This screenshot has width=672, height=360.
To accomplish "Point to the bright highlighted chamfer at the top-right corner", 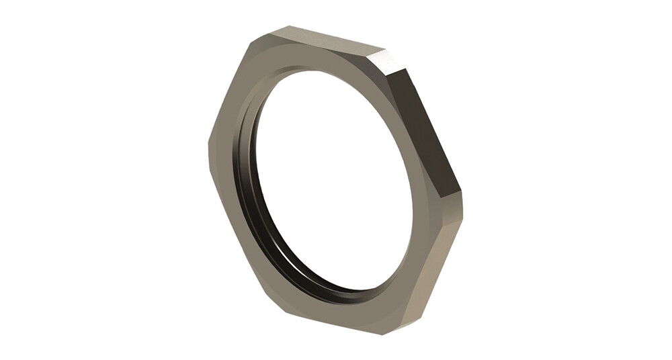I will point(390,60).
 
